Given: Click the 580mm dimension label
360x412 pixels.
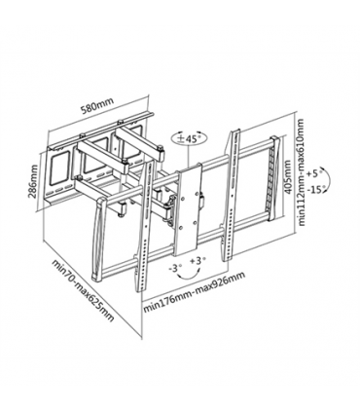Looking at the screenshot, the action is point(97,105).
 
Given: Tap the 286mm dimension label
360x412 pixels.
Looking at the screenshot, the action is point(33,180).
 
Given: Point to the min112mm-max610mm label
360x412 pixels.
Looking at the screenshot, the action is point(302,172).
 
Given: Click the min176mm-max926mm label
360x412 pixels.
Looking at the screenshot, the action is point(194,292).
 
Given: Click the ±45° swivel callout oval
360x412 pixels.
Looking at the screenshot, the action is point(188,138).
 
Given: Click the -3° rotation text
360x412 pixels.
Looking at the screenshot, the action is point(175,268).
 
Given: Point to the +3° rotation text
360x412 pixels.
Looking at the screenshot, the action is point(198,261).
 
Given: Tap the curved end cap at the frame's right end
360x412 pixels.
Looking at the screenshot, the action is point(274,178).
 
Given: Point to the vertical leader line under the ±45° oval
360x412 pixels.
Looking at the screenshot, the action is point(189,155).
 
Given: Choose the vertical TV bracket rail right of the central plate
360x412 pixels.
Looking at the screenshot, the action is point(230,195).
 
